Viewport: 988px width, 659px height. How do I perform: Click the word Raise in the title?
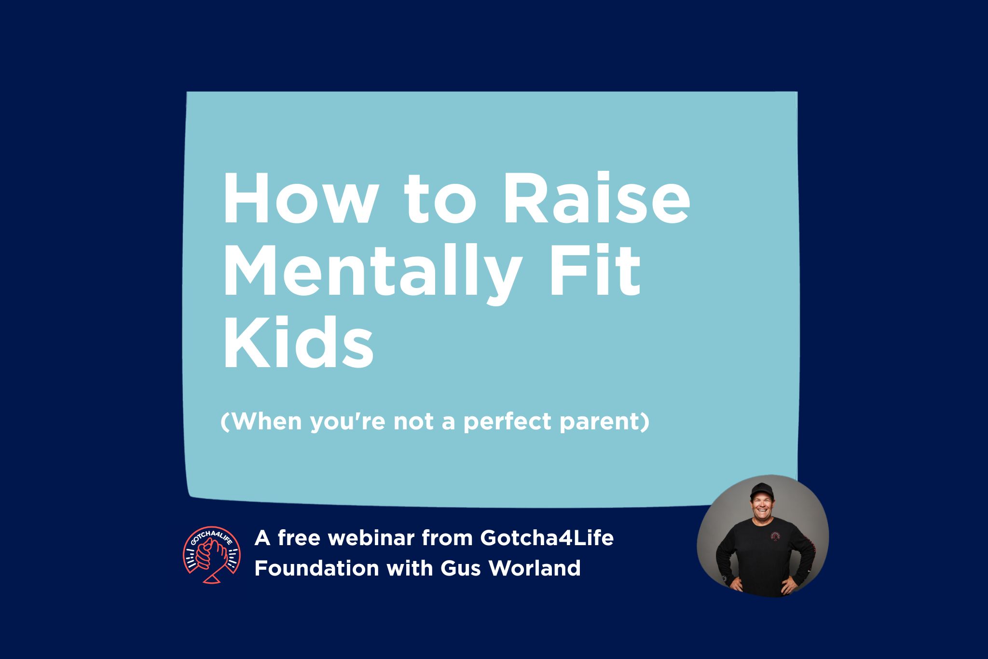point(596,199)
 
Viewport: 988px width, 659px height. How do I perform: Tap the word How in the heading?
point(299,199)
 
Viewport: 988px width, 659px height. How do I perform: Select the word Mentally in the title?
point(371,271)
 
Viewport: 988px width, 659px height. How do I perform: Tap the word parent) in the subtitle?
point(604,422)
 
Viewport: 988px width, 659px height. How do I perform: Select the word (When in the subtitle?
point(261,422)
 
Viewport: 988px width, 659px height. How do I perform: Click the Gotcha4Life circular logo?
point(212,555)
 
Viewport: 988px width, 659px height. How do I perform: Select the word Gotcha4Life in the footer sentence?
point(547,538)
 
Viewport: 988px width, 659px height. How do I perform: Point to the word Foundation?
point(316,568)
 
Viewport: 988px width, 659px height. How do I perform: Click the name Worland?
point(535,568)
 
